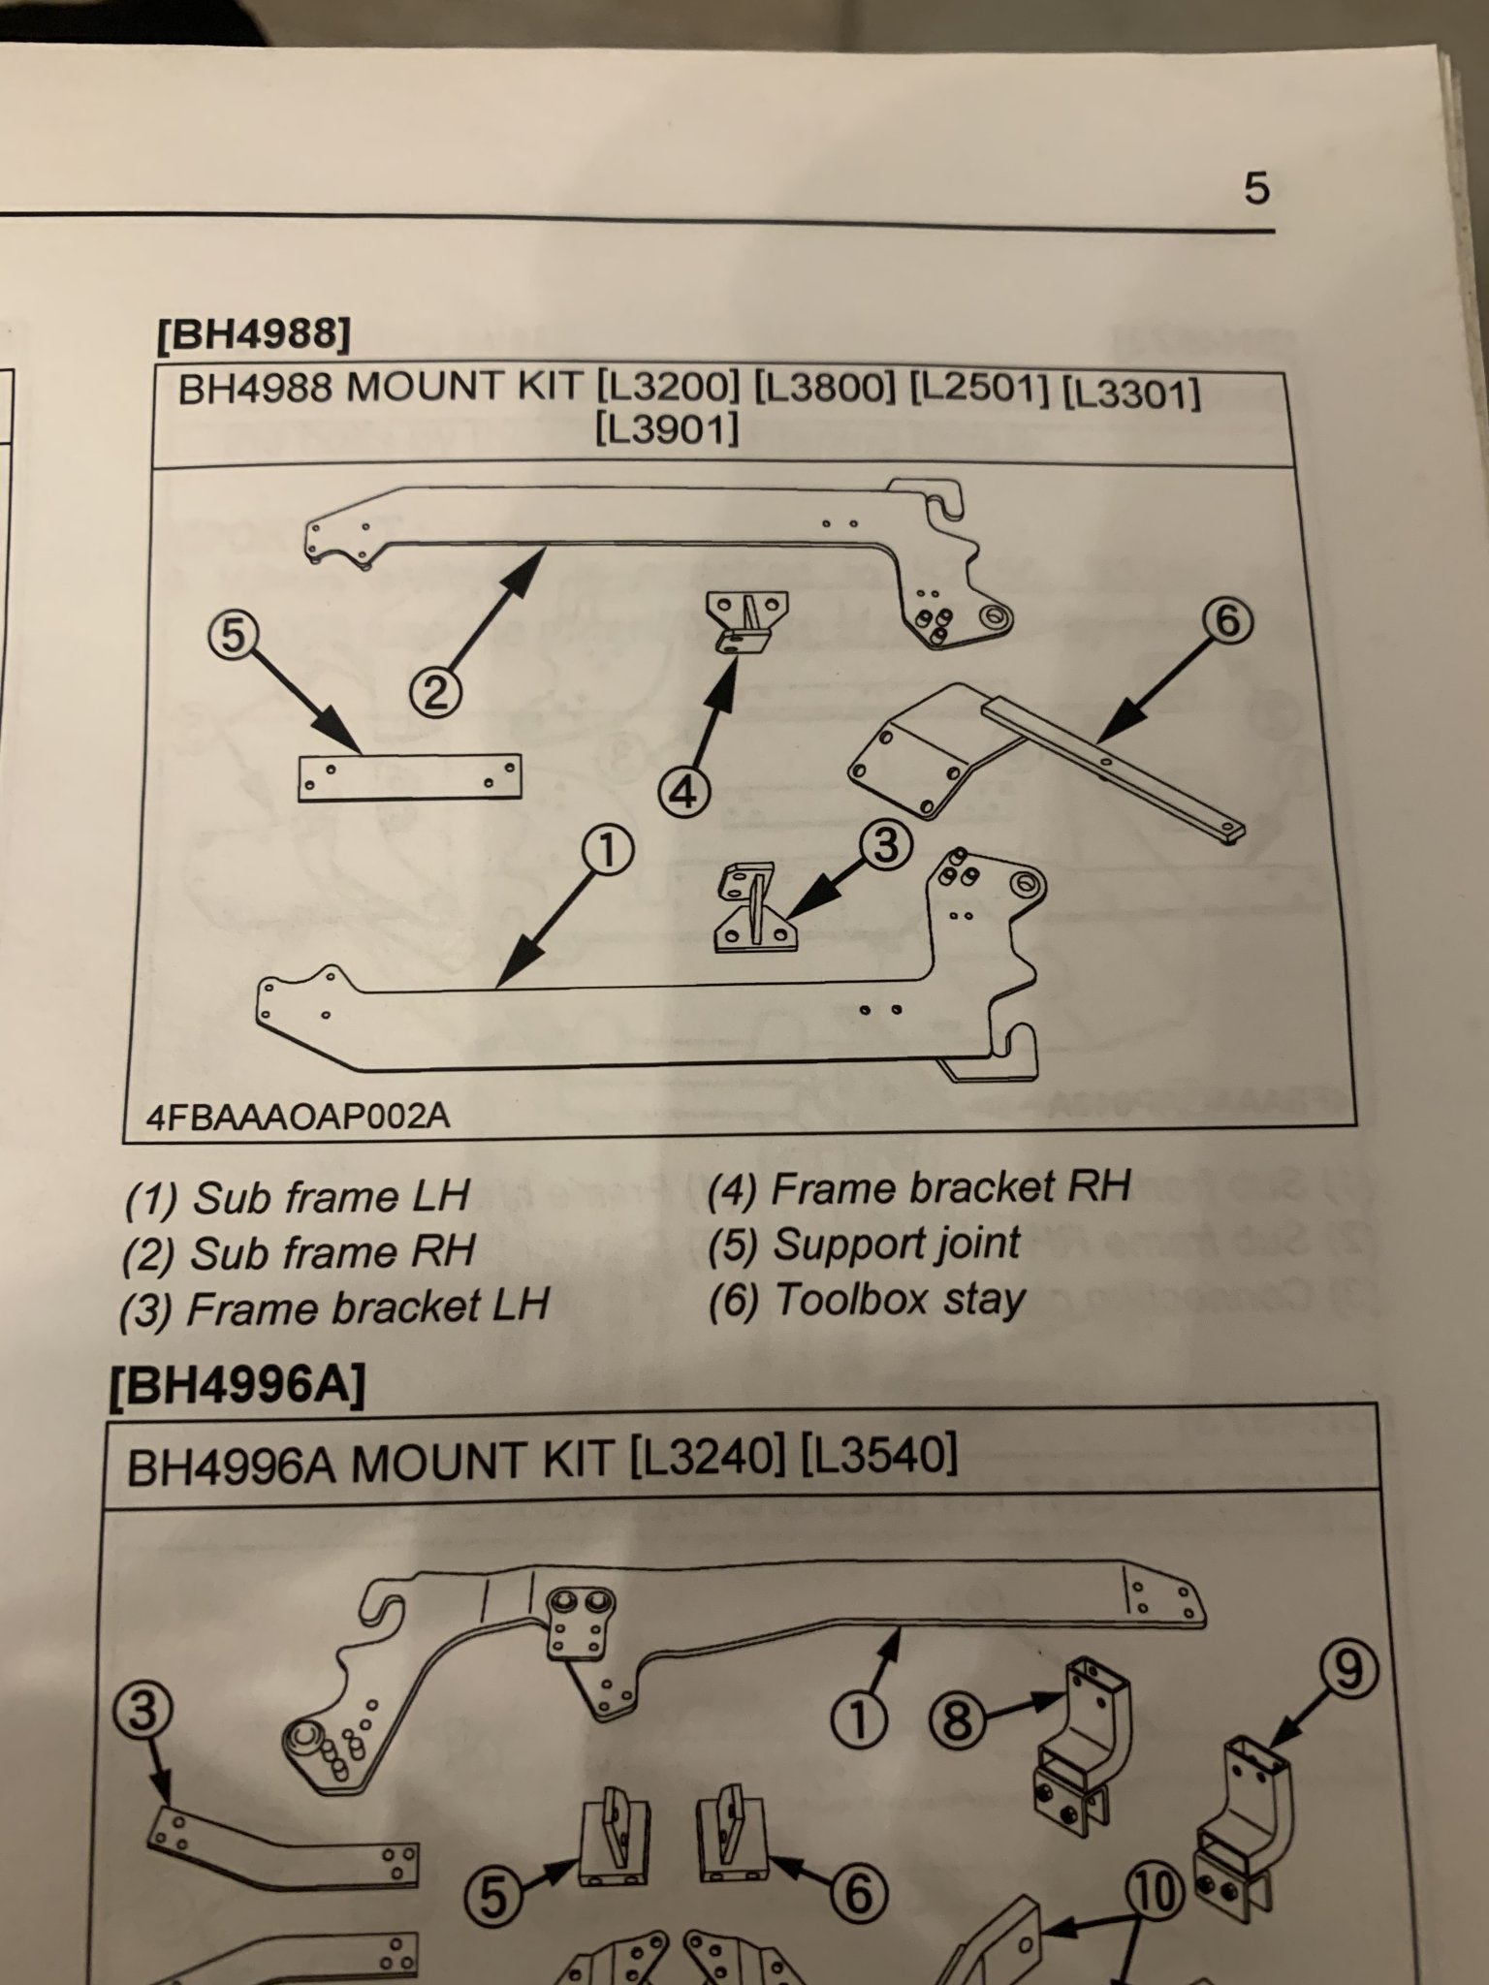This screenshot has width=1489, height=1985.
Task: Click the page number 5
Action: point(1255,188)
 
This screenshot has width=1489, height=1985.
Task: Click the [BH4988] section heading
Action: point(252,335)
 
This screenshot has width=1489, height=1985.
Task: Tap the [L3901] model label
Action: point(667,427)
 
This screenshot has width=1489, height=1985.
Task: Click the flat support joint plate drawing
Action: point(408,777)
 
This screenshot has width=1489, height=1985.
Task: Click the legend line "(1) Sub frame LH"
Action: point(298,1198)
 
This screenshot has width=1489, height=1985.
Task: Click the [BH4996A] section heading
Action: point(238,1388)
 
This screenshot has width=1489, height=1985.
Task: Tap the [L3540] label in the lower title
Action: point(878,1454)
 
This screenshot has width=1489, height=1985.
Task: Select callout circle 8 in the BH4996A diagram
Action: point(957,1720)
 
